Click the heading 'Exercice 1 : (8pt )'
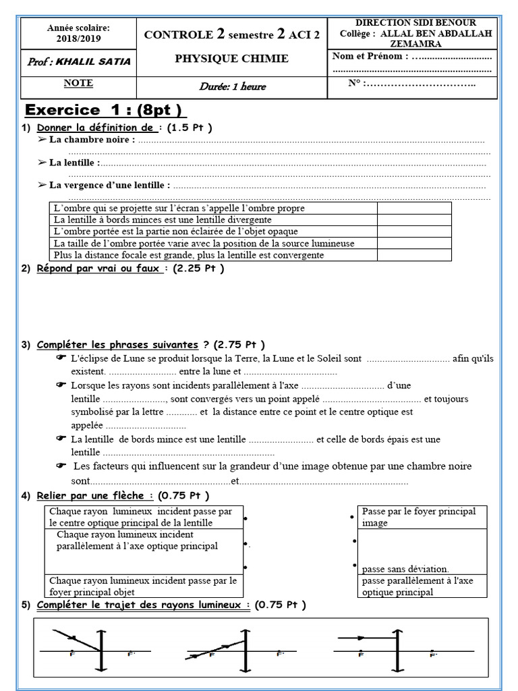(105, 111)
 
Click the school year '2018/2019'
(78, 39)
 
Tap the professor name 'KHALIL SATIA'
(89, 62)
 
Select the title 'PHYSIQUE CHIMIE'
(231, 59)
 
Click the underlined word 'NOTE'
(78, 84)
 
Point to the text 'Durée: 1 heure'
(232, 86)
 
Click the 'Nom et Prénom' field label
(370, 56)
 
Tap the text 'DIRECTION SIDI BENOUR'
(415, 23)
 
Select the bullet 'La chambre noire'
(92, 140)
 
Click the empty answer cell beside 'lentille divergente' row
(413, 220)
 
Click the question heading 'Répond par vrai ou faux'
(98, 269)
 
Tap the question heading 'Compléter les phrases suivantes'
(117, 345)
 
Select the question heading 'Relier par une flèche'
(90, 496)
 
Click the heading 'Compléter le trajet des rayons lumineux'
(143, 605)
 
